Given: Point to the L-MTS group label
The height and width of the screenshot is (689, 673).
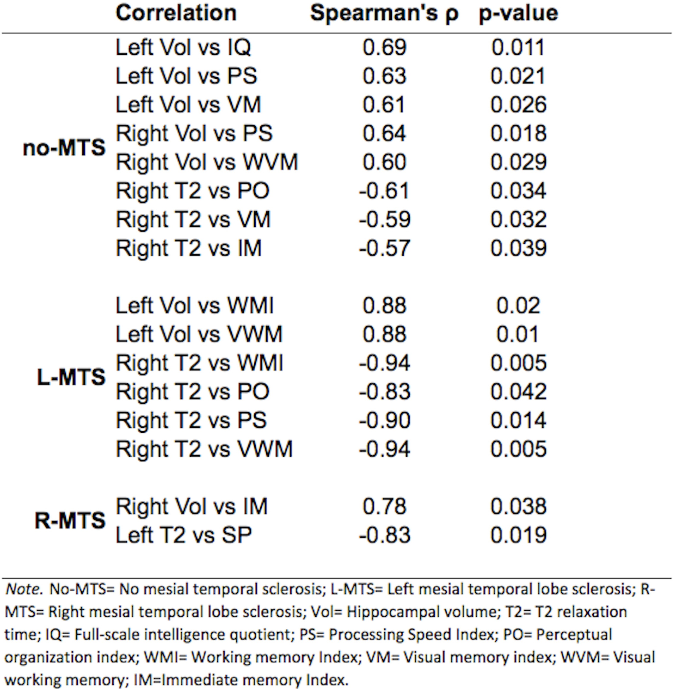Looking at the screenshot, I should point(71,377).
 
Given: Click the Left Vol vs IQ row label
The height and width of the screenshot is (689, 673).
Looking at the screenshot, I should point(183,48).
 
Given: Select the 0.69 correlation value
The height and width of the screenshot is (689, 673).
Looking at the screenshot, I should point(385,48).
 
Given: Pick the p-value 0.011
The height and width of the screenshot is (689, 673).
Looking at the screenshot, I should point(518,48).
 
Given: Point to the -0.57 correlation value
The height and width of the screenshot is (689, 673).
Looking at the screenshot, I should point(385,248).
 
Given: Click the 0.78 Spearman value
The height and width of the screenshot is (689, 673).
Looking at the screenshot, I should point(385,507).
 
